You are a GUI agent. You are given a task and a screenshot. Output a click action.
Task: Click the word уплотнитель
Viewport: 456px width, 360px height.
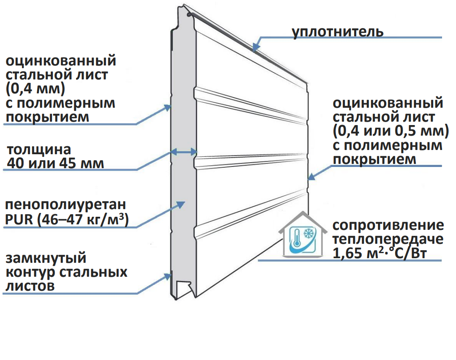click(x=338, y=32)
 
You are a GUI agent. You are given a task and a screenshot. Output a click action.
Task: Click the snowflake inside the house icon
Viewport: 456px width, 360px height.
click(x=310, y=234)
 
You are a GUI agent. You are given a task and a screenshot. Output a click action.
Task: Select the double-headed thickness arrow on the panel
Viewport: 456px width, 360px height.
click(x=183, y=151)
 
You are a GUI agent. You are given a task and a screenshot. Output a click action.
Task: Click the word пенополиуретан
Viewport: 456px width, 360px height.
click(x=65, y=205)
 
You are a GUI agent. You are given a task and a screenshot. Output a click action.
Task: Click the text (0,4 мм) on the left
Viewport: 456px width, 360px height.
click(x=35, y=89)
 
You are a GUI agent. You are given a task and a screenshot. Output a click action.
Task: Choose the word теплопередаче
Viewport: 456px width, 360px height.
click(x=388, y=239)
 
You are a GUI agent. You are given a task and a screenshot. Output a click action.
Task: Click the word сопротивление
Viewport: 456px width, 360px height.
click(x=388, y=225)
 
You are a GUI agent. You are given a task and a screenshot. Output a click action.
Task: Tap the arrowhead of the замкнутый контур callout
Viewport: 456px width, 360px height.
click(x=168, y=277)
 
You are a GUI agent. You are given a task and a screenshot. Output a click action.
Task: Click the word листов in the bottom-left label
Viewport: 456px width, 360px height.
click(x=30, y=286)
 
